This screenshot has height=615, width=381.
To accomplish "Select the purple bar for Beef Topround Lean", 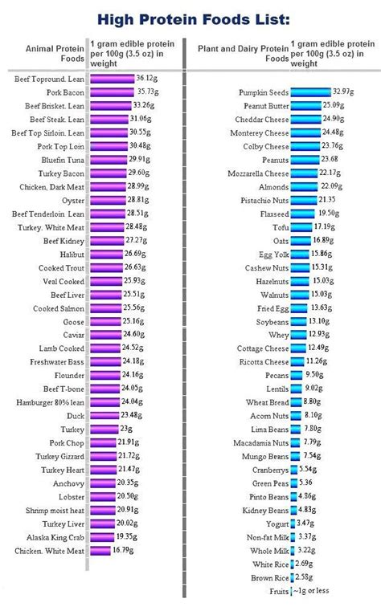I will (112, 79).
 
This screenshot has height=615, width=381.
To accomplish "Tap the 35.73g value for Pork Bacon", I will (147, 92).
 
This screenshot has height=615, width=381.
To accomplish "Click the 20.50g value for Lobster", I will (129, 497).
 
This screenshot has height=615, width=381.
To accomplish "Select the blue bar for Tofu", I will (301, 227).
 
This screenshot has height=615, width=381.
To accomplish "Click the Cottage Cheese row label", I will (264, 348).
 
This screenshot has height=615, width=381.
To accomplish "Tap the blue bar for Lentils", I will (297, 389).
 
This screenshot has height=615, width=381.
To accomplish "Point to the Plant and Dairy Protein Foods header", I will (243, 52).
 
